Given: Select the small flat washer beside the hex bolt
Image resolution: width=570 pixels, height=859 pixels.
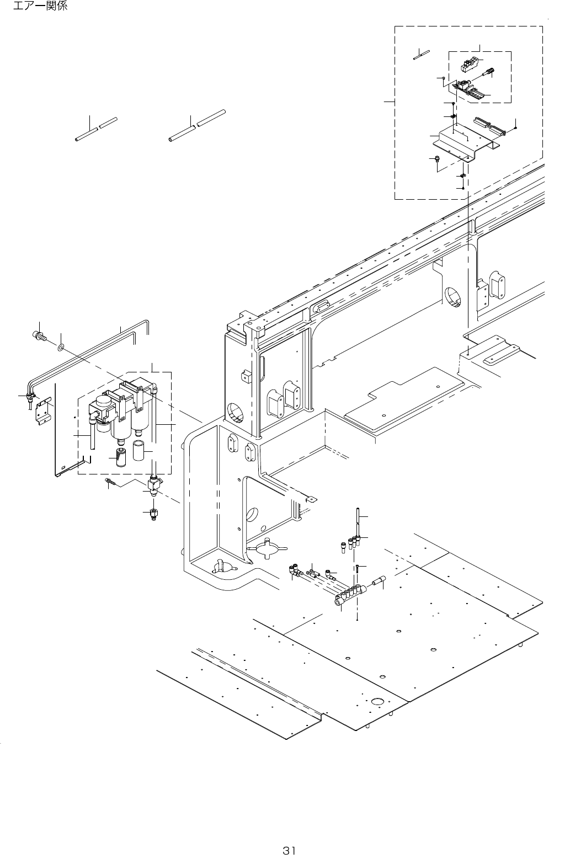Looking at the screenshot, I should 61,348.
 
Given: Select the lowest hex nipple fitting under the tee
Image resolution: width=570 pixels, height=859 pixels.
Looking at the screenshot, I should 153,514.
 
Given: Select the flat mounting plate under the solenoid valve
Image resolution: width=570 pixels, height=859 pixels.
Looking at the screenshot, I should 466,142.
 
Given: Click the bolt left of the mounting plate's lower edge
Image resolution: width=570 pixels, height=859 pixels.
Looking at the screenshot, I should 436,160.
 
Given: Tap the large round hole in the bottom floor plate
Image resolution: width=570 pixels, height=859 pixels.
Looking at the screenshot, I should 378,702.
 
